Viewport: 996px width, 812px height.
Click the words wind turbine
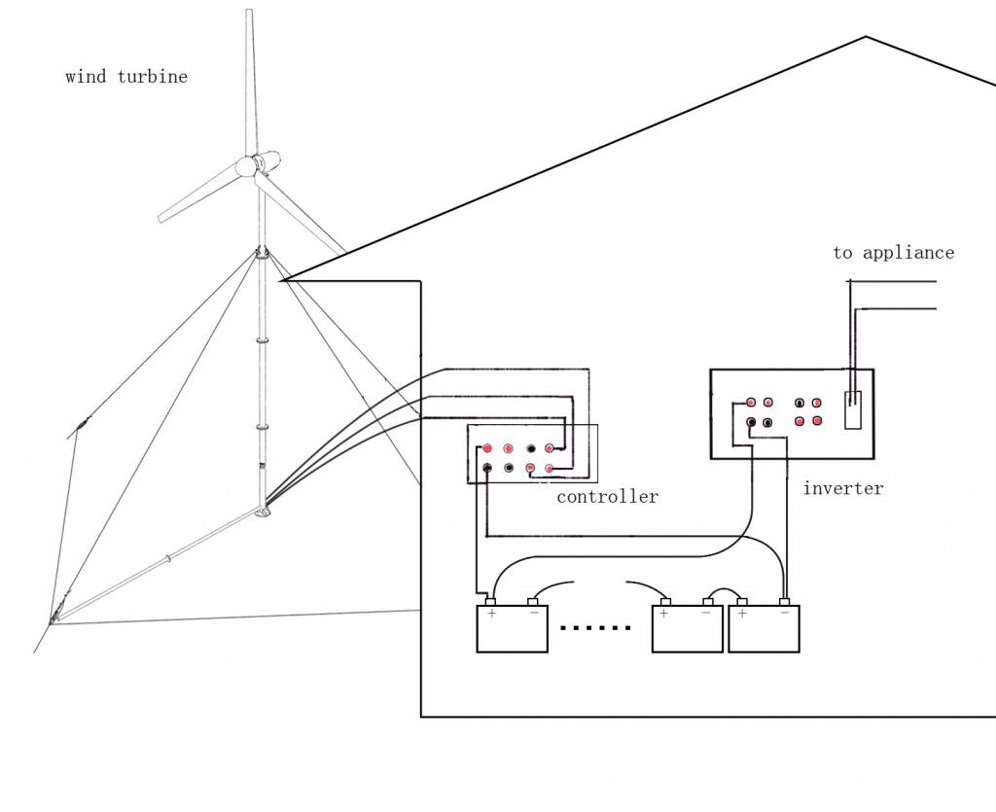126,77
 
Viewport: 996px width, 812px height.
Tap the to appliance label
893,253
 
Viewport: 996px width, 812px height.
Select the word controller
607,497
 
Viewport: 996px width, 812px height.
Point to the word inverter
842,488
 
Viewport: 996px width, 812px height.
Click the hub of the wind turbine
246,166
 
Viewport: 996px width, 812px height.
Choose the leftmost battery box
512,628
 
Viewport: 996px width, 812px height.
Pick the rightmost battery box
764,628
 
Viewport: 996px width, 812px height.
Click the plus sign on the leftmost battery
491,614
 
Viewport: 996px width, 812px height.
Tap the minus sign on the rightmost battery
784,614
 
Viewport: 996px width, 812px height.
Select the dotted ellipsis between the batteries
596,628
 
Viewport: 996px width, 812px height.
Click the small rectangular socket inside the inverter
853,409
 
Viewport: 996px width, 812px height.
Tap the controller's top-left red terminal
487,448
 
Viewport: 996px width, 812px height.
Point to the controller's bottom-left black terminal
487,468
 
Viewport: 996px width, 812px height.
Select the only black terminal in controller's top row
530,448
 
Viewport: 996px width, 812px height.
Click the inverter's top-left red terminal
751,403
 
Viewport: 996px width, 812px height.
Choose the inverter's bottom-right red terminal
817,421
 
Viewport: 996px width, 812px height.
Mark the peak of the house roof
866,38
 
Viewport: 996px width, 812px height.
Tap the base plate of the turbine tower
262,512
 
